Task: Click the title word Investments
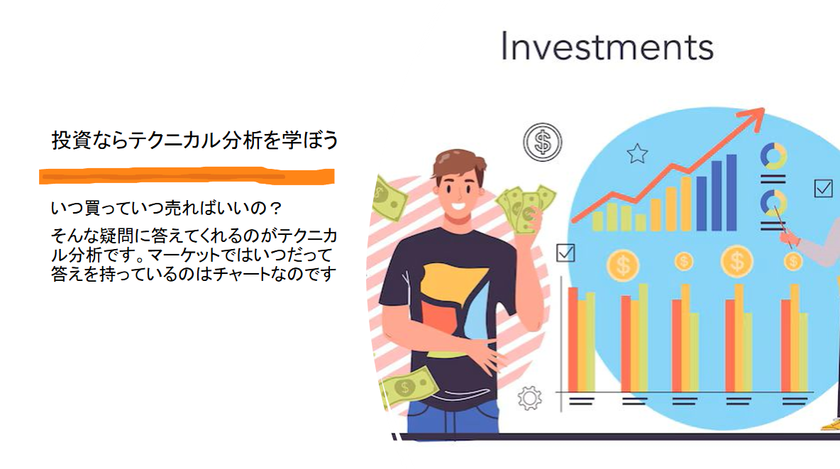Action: point(607,46)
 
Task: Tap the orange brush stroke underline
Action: point(187,176)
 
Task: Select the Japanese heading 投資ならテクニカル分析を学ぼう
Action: point(195,140)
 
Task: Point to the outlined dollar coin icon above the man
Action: point(543,142)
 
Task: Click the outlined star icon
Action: point(638,154)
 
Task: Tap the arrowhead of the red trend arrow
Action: point(753,117)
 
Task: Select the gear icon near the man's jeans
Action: point(530,398)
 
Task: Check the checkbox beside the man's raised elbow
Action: point(565,253)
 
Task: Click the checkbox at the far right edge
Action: point(824,188)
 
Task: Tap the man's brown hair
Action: point(458,162)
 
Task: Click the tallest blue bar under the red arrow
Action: point(731,192)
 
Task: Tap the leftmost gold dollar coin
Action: point(623,265)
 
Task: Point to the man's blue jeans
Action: point(453,418)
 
